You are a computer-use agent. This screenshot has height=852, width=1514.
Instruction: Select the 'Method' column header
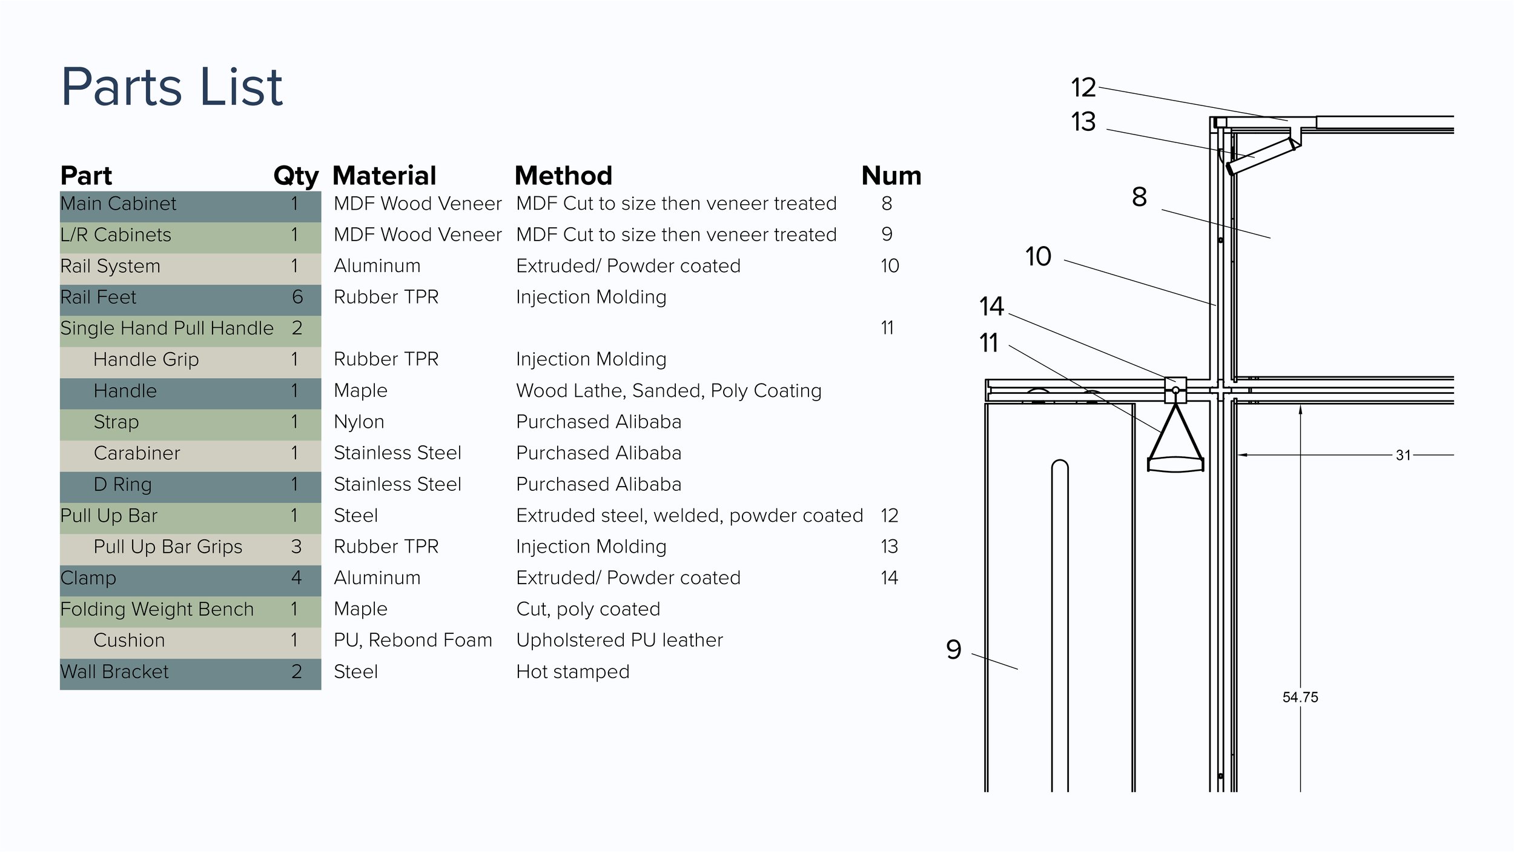click(x=563, y=176)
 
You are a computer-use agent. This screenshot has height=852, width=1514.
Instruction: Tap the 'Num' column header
click(x=891, y=176)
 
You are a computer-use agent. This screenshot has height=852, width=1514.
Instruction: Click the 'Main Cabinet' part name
click(x=118, y=204)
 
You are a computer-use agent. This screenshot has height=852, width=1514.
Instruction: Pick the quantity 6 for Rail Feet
click(x=297, y=297)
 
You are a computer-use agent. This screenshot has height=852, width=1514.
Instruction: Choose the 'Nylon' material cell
click(x=359, y=422)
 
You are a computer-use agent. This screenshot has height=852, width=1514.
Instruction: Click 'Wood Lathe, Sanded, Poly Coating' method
click(x=668, y=391)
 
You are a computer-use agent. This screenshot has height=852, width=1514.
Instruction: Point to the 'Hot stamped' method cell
click(x=572, y=671)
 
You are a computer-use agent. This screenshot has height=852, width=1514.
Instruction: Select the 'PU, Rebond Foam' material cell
click(x=412, y=640)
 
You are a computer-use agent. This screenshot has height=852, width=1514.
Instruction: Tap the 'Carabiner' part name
click(x=137, y=453)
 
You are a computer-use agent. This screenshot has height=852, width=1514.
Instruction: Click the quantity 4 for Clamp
click(x=296, y=577)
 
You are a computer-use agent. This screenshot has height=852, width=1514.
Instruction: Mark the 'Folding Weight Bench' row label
click(x=157, y=609)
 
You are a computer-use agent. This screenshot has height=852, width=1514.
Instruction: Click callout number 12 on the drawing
click(x=1083, y=88)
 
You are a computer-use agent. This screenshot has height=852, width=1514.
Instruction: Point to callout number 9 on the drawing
click(x=953, y=650)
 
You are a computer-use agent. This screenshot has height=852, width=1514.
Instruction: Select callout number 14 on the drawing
click(x=991, y=307)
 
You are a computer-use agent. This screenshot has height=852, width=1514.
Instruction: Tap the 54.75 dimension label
click(x=1300, y=697)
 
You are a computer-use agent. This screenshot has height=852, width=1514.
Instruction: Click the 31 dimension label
click(x=1403, y=455)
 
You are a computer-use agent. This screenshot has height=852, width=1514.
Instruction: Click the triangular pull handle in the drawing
click(x=1175, y=442)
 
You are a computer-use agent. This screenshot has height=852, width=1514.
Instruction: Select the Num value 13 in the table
click(x=889, y=547)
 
